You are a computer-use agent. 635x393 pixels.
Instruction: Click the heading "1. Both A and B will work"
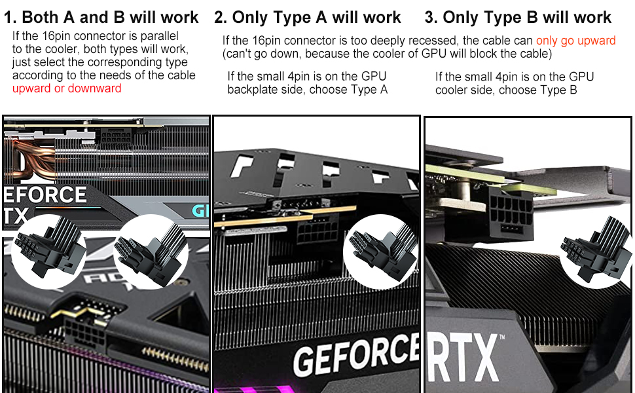tap(101, 17)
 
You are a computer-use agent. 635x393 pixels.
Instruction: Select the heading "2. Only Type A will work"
tap(308, 17)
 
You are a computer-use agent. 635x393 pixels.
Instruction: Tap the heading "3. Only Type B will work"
tap(518, 17)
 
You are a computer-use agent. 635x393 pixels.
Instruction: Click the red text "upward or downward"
tap(67, 88)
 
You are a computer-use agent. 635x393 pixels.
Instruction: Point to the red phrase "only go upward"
tap(575, 41)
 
